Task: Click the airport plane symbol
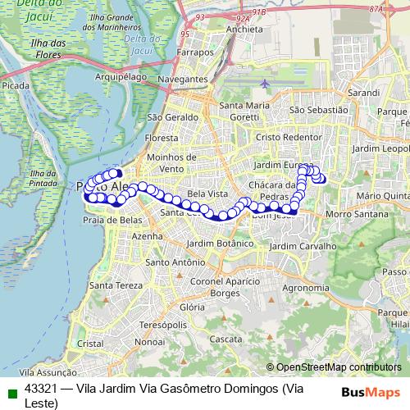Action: click(x=266, y=84)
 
